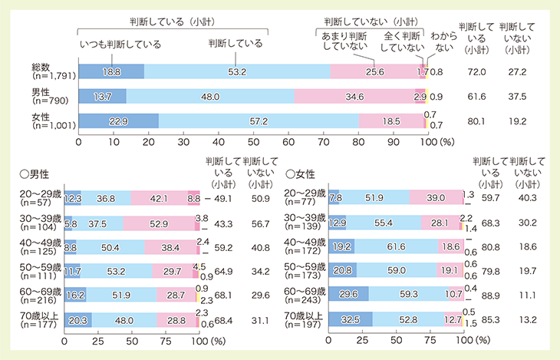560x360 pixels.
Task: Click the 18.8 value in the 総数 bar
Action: point(112,71)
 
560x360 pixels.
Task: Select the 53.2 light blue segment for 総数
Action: point(237,71)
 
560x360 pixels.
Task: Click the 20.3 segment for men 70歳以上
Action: point(77,319)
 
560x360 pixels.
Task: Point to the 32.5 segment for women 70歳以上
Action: point(350,319)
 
